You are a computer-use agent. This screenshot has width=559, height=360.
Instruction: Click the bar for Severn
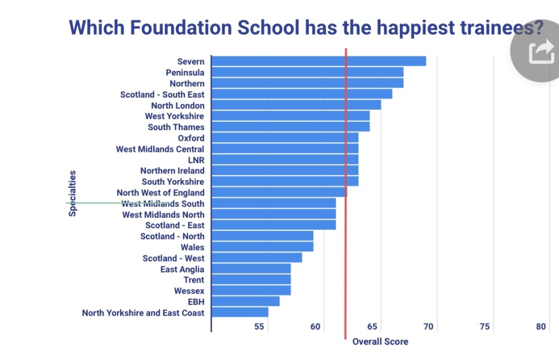pyautogui.click(x=319, y=61)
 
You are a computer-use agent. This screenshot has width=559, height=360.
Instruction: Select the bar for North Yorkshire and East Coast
pyautogui.click(x=240, y=313)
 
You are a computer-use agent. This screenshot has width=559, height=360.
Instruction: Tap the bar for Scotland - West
pyautogui.click(x=257, y=258)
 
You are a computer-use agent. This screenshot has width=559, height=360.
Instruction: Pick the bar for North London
pyautogui.click(x=297, y=105)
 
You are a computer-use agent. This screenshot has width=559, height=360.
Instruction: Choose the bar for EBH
pyautogui.click(x=246, y=301)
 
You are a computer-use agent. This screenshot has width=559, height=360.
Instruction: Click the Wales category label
pyautogui.click(x=192, y=247)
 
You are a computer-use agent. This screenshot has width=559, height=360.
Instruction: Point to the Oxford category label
pyautogui.click(x=191, y=138)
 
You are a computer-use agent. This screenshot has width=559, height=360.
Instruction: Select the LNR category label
pyautogui.click(x=196, y=160)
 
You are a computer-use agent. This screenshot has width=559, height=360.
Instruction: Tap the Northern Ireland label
pyautogui.click(x=172, y=171)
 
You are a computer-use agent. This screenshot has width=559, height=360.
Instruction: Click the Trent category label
pyautogui.click(x=194, y=280)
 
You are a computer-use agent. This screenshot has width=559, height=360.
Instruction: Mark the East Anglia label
pyautogui.click(x=182, y=269)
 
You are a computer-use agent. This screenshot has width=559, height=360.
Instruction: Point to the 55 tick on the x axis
pyautogui.click(x=259, y=327)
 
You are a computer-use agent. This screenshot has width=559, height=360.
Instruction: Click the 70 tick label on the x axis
pyautogui.click(x=429, y=327)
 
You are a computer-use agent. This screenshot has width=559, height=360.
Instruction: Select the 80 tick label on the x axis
pyautogui.click(x=541, y=327)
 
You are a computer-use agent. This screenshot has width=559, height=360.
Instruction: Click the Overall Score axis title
pyautogui.click(x=380, y=342)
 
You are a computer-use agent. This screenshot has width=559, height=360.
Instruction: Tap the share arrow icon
pyautogui.click(x=540, y=52)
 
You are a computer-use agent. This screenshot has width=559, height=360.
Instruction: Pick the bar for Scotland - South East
pyautogui.click(x=302, y=94)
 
